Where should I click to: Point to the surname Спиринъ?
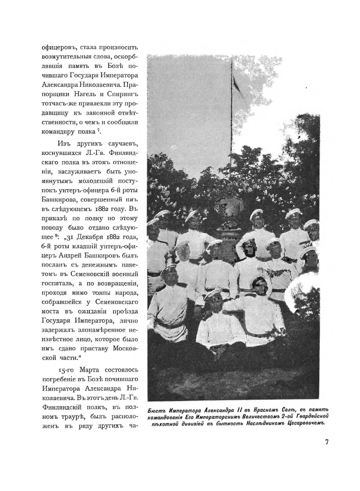[125, 95]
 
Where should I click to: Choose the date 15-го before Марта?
[66, 370]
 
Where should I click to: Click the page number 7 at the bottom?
[327, 442]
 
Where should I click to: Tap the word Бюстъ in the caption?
[157, 410]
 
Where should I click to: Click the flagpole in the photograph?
[232, 119]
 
